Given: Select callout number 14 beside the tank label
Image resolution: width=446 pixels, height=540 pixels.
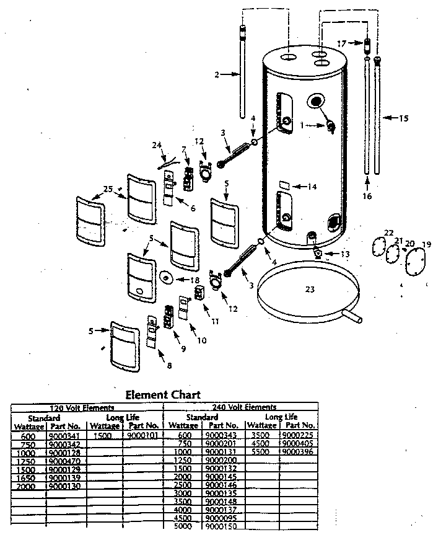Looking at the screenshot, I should pos(312,186).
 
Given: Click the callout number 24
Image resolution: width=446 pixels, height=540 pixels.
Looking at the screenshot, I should pos(156,146).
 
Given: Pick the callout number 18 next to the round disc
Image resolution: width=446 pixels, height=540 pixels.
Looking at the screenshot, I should pos(196,280).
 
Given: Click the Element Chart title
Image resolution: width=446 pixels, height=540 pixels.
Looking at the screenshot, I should pos(163,394).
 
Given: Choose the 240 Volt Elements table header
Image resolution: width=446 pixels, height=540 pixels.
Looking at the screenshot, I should pos(243,407).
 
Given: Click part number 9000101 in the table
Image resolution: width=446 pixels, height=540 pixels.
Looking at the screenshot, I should pos(143,436).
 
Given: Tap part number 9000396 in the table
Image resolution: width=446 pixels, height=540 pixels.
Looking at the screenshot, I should pos(298,452).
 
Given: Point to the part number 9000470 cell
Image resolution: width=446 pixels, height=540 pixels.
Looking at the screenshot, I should pos(64,461).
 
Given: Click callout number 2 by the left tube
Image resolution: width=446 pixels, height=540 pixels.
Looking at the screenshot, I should pos(217,75).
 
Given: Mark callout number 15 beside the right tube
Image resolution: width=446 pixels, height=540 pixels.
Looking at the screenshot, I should pos(403,118).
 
